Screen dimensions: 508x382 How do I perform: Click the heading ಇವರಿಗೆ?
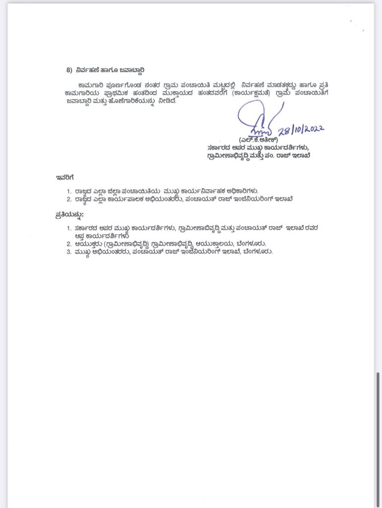64,177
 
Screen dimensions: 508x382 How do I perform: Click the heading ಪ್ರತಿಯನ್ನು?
69,215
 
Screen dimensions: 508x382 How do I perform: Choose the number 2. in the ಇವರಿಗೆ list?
69,199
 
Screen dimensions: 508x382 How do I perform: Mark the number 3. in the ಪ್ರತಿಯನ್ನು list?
69,252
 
